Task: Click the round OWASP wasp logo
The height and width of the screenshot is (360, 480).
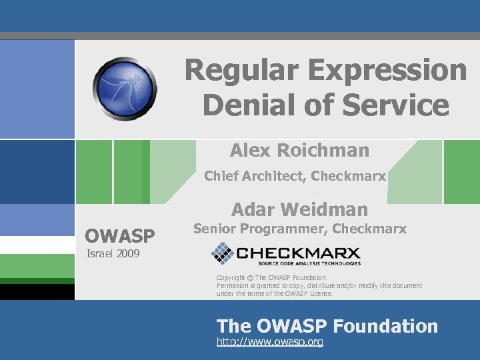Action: (125, 89)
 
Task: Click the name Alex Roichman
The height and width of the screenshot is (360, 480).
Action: (299, 151)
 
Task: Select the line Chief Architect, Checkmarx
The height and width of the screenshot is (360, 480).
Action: (295, 176)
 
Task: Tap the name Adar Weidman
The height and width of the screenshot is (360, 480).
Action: (299, 209)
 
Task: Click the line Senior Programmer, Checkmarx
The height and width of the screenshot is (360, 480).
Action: (299, 229)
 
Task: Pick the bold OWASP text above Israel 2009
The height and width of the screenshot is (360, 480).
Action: (120, 236)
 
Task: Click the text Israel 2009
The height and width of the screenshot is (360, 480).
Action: (111, 253)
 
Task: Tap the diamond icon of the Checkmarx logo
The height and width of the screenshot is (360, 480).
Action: (222, 253)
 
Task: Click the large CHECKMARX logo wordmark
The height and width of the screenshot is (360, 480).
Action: (298, 252)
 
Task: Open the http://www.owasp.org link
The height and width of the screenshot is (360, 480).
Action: (270, 342)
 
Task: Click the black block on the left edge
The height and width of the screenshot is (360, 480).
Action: (37, 292)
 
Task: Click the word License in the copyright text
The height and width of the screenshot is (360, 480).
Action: (319, 293)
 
